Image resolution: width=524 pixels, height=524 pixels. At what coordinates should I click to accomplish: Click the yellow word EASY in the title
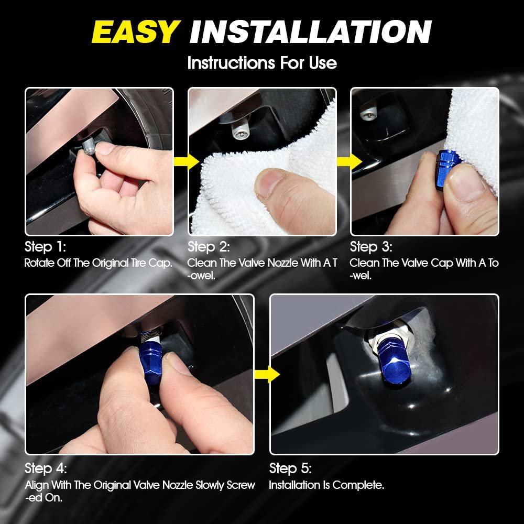coord(136,32)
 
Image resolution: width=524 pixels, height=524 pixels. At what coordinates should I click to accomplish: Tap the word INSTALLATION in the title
coord(310,32)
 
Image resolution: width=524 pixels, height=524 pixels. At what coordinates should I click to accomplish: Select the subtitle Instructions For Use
coord(262,63)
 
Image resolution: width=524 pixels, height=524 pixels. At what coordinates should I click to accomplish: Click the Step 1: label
coord(45,247)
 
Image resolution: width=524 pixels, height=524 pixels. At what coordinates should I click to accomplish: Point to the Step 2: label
coord(209,247)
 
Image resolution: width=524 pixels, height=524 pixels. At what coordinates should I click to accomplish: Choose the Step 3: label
coord(371,247)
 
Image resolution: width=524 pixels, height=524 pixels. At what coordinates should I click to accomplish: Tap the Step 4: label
coord(46,468)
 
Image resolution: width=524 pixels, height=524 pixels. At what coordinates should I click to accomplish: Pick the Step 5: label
coord(290,468)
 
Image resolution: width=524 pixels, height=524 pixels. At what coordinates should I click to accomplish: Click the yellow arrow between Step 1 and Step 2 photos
coord(187,162)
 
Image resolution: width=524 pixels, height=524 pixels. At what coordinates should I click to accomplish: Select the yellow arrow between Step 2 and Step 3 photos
coord(349,162)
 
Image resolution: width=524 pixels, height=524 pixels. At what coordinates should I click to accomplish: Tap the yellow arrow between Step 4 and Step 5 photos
coord(267,374)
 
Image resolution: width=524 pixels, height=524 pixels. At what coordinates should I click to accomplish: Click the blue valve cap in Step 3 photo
coord(447,170)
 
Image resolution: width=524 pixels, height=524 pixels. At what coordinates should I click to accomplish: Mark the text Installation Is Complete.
coord(326,485)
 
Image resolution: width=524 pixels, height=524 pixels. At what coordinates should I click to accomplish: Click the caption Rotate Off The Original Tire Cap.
coord(99,263)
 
